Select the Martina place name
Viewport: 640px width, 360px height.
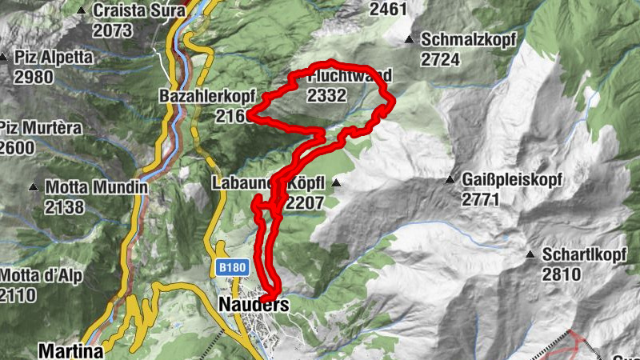pyautogui.click(x=70, y=350)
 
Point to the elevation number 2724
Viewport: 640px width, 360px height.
pyautogui.click(x=442, y=60)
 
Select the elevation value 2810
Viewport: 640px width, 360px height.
pyautogui.click(x=561, y=275)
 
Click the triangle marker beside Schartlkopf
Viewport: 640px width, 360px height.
pyautogui.click(x=530, y=255)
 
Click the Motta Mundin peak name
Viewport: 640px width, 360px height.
pyautogui.click(x=97, y=187)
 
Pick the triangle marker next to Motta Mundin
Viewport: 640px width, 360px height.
pyautogui.click(x=34, y=188)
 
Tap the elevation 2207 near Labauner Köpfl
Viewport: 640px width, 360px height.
pyautogui.click(x=304, y=202)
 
